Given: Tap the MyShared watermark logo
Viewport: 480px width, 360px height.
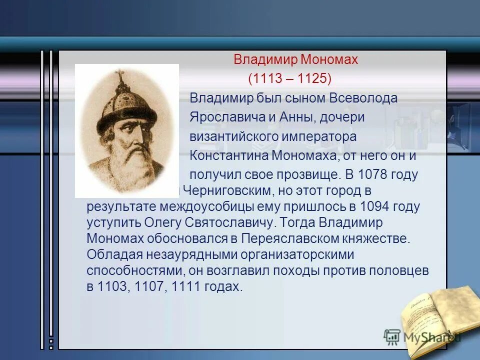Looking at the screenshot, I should (x=422, y=337).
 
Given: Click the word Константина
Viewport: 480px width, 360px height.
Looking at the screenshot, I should (x=229, y=155).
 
